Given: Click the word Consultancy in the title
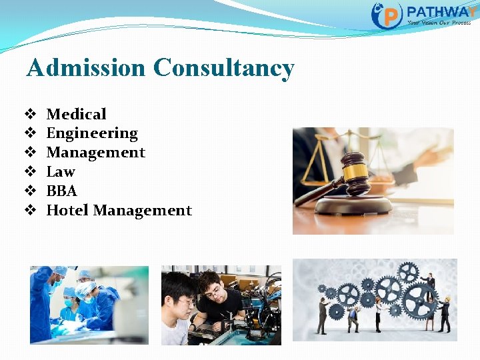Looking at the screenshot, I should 223,68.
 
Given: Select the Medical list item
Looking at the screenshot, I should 76,115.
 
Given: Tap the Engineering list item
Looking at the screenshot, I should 91,134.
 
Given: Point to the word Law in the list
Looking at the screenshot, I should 60,172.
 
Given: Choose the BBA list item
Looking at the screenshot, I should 61,191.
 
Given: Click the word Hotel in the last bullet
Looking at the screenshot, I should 67,211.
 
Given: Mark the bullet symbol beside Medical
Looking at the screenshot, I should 30,115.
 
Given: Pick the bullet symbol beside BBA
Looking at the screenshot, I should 30,191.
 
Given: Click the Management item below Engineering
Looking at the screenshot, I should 95,153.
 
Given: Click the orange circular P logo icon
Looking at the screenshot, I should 387,15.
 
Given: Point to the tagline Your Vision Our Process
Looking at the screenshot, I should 439,23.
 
